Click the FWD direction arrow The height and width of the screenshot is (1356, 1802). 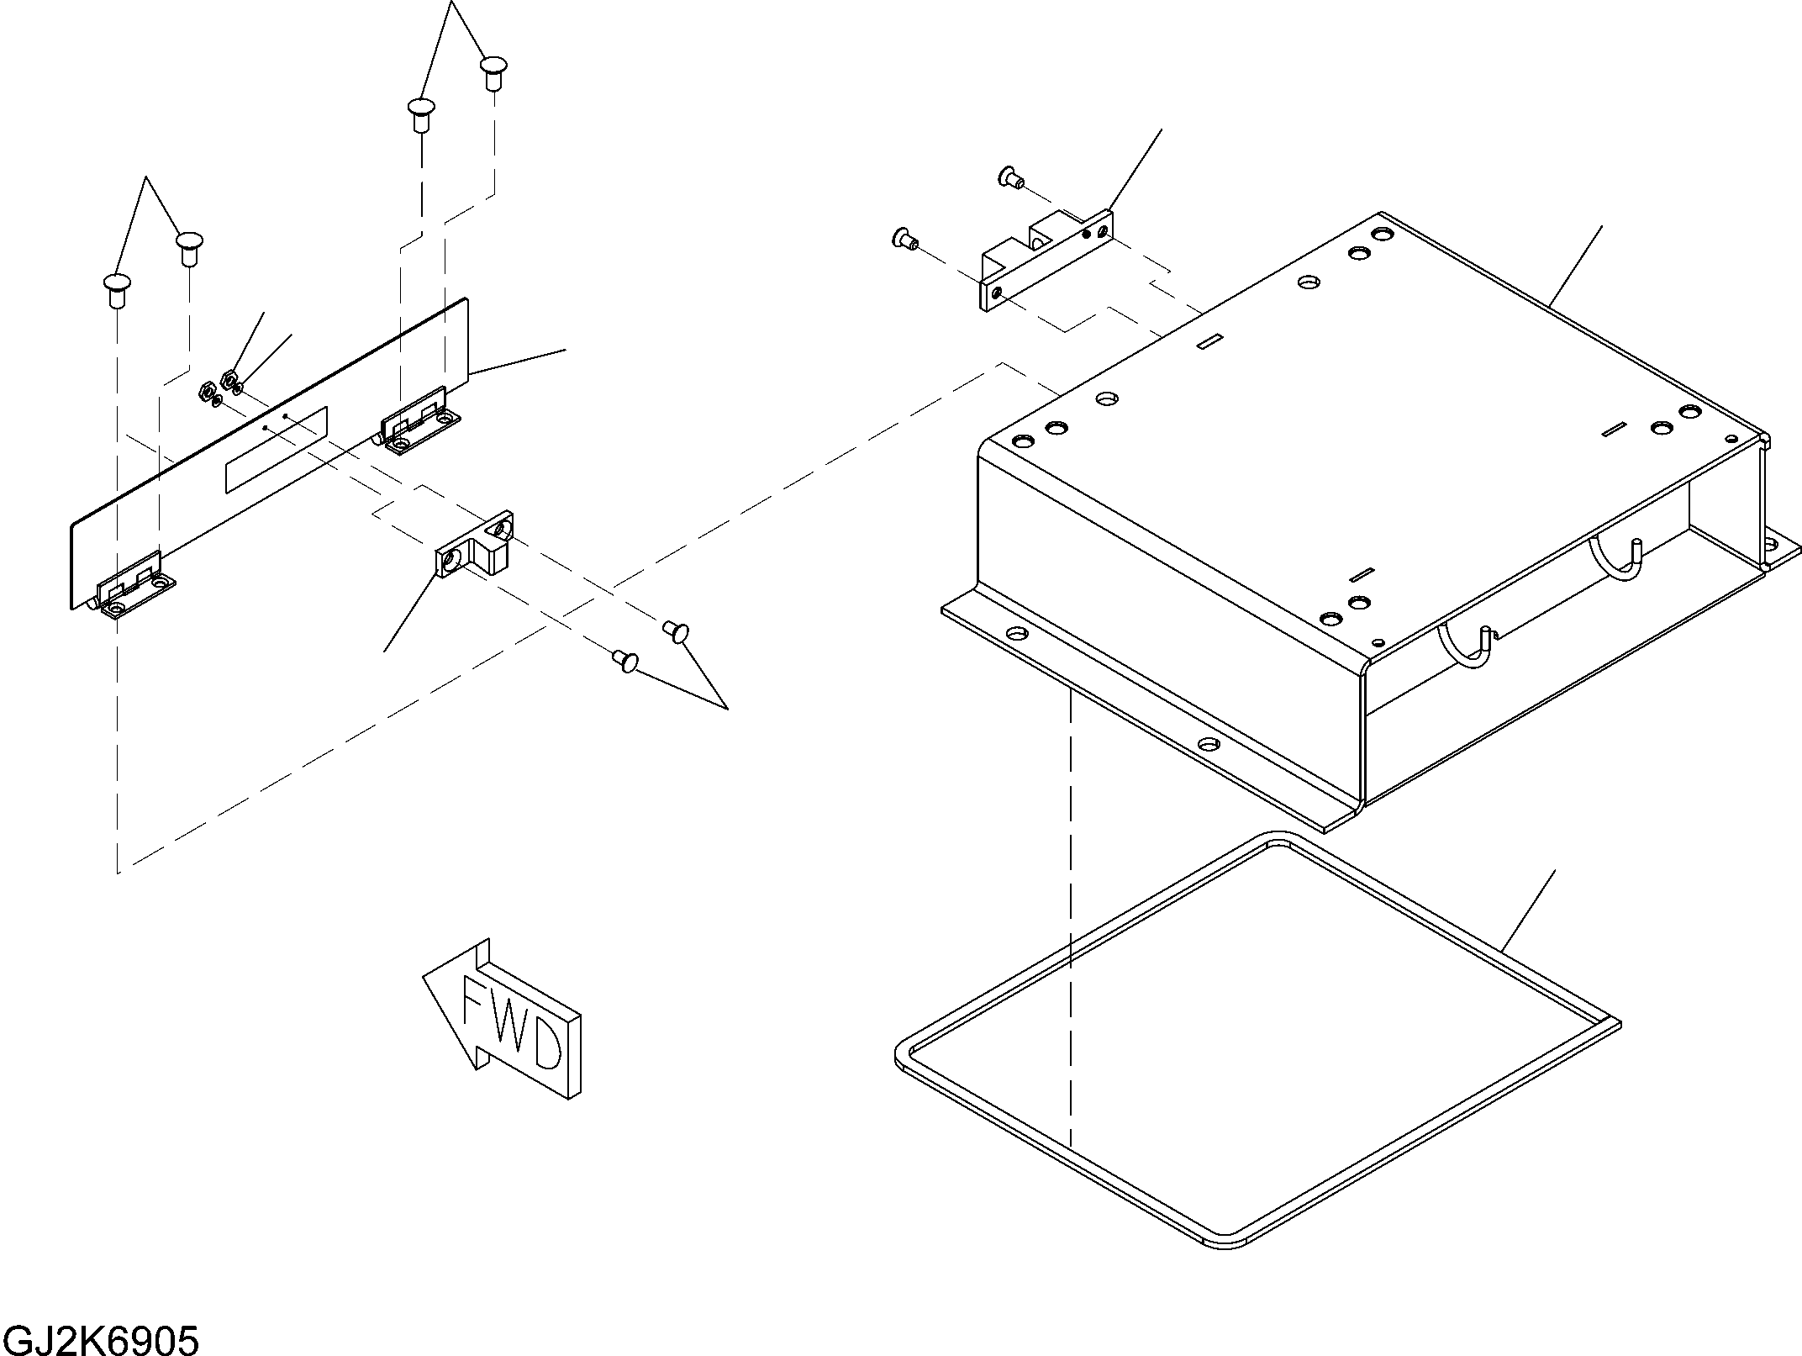point(502,1018)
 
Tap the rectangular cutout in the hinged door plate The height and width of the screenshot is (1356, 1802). point(277,451)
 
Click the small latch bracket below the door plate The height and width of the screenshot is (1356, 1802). point(474,546)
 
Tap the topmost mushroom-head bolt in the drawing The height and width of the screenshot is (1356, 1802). point(494,72)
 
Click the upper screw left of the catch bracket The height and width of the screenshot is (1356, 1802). point(1009,177)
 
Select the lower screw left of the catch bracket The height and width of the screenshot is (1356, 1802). point(904,240)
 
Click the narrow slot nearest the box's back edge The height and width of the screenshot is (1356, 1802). point(1209,340)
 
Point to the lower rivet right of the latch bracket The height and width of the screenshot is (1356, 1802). point(626,661)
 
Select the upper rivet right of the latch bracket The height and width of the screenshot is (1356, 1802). point(677,631)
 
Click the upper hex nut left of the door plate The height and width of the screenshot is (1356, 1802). point(228,377)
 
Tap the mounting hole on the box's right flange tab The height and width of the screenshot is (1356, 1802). point(1772,545)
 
